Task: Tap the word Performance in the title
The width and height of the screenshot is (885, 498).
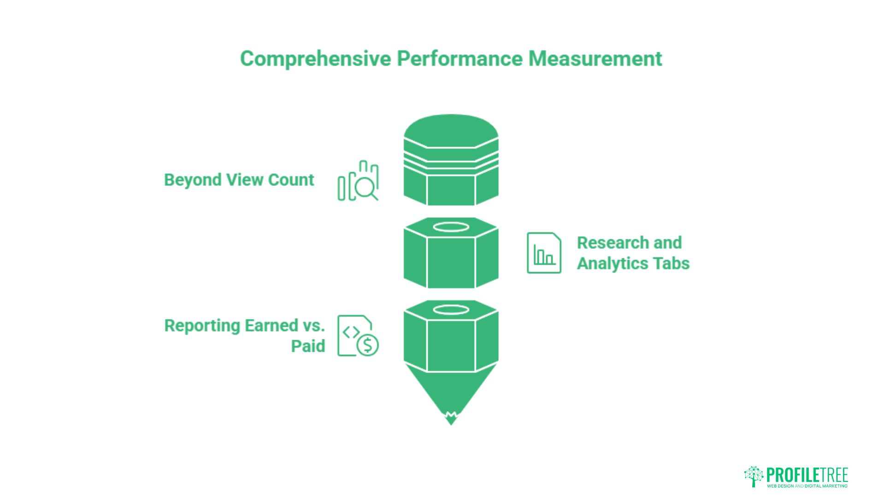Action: pos(460,59)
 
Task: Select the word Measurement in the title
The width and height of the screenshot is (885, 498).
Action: pos(595,59)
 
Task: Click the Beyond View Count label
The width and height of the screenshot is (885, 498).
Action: pos(239,180)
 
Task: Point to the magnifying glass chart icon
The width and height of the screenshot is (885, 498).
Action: pos(358,181)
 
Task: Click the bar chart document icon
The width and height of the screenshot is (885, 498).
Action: pos(544,253)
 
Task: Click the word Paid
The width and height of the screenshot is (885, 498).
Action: pos(308,346)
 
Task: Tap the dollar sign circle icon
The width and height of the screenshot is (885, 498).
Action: pos(368,344)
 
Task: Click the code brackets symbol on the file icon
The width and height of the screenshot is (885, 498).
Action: pos(351,332)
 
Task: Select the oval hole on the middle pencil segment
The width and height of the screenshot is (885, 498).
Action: pos(451,227)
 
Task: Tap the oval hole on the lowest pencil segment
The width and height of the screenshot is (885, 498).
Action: pos(451,309)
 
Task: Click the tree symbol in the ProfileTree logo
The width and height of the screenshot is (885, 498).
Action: pos(754,476)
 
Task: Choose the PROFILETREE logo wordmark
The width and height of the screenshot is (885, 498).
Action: pos(807,475)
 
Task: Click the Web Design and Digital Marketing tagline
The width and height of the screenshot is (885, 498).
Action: pos(807,486)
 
